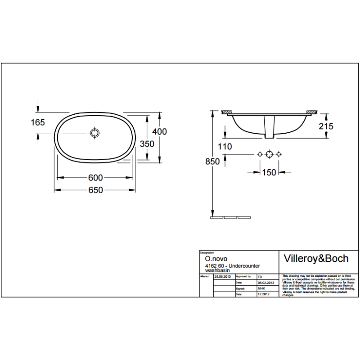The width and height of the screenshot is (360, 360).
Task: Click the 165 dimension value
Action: (38, 122)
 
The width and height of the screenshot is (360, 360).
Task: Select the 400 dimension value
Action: (159, 131)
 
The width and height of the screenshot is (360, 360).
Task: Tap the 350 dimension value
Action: (147, 144)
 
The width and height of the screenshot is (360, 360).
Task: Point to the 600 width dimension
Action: (96, 178)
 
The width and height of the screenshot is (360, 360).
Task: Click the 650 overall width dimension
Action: (96, 190)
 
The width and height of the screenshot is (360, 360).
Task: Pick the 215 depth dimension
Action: (326, 126)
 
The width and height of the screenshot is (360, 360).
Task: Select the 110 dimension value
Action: (225, 147)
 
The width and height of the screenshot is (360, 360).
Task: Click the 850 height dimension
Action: (212, 162)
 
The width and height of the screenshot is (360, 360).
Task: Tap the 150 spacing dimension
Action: (269, 172)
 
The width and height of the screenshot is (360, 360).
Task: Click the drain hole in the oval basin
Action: (94, 133)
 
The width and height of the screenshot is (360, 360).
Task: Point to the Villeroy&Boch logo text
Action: (316, 258)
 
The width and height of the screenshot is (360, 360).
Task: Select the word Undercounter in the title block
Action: (246, 266)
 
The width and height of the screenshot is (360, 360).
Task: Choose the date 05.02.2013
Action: (265, 282)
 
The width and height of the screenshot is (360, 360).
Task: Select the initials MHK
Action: (261, 288)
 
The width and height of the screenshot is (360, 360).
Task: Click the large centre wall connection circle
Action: (269, 154)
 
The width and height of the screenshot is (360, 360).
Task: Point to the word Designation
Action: (207, 253)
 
